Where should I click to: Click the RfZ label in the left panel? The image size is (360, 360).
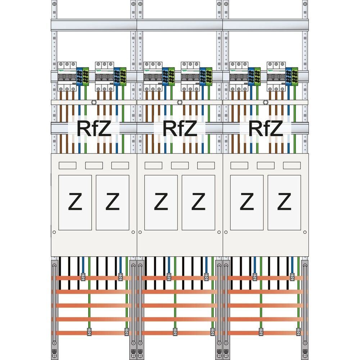click(94, 129)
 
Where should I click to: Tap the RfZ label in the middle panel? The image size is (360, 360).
click(180, 129)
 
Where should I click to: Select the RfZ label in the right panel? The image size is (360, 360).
click(266, 129)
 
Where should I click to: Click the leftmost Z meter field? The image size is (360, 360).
click(75, 202)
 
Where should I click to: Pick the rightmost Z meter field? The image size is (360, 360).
click(284, 202)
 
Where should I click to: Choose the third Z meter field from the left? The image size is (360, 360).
click(161, 202)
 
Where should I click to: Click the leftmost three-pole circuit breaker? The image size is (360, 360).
click(67, 77)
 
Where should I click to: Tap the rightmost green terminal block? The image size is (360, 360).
click(295, 76)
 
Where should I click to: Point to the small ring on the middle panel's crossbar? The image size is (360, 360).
click(180, 102)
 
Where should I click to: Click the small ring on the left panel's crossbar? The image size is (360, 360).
click(94, 102)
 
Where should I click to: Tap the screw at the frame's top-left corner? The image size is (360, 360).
click(54, 4)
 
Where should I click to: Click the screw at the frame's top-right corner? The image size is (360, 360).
click(305, 4)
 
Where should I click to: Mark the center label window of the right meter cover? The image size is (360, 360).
click(265, 165)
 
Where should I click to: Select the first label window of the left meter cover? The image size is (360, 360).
click(67, 165)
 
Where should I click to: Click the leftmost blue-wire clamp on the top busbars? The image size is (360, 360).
click(83, 277)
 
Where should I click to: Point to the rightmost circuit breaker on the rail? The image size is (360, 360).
click(276, 77)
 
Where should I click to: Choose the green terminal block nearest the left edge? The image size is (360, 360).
click(85, 76)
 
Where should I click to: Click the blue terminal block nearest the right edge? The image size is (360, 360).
click(289, 76)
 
